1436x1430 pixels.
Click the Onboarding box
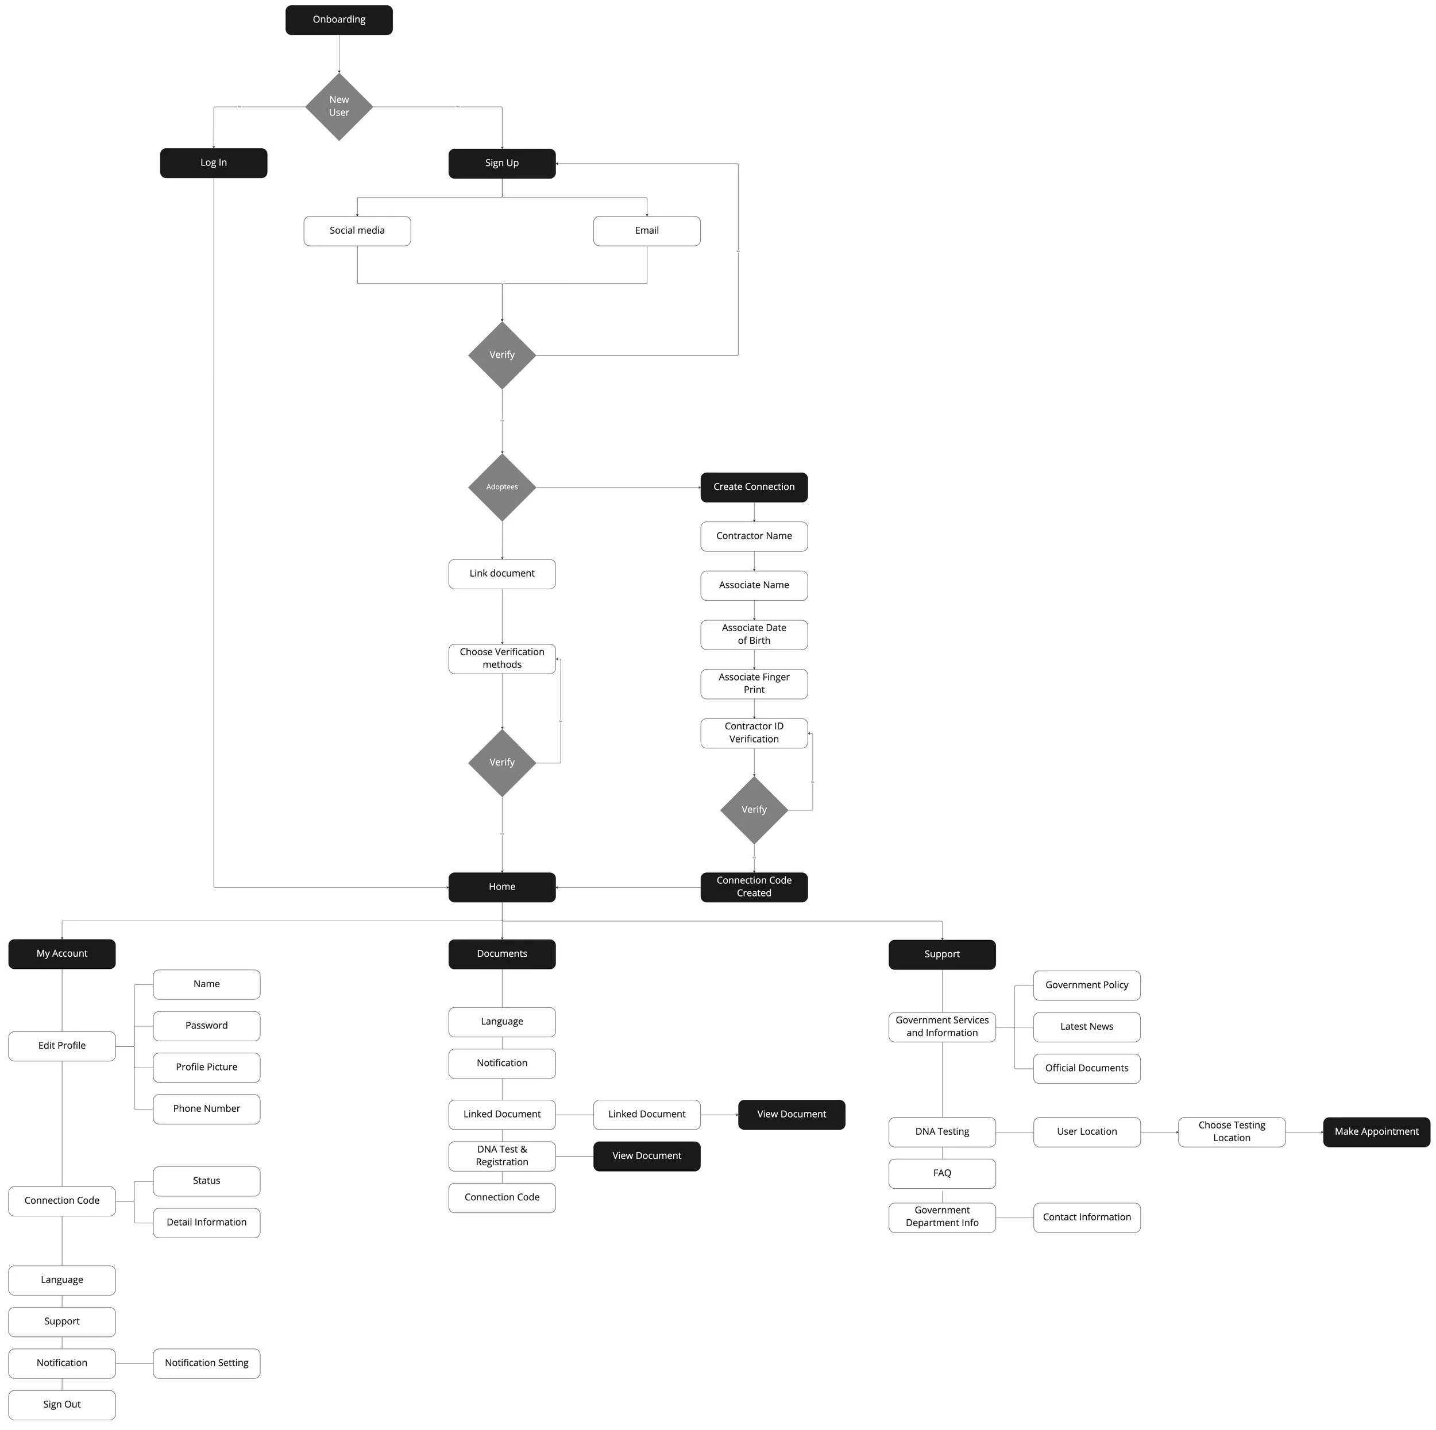click(x=339, y=20)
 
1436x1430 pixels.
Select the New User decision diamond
click(x=339, y=106)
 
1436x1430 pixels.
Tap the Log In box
click(x=213, y=163)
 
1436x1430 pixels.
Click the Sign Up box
click(x=501, y=164)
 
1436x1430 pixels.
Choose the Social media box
click(x=357, y=231)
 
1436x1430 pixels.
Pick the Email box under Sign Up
click(x=647, y=231)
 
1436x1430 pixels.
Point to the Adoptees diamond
click(x=501, y=487)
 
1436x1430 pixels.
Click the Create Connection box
click(x=754, y=487)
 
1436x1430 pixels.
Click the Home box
click(x=501, y=887)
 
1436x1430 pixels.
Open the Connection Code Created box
click(x=754, y=887)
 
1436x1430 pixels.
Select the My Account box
click(x=61, y=953)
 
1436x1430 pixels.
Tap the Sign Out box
click(x=61, y=1405)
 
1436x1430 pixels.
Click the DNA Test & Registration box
click(x=501, y=1155)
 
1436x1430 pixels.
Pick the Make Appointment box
click(x=1376, y=1132)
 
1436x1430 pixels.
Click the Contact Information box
click(x=1087, y=1218)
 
